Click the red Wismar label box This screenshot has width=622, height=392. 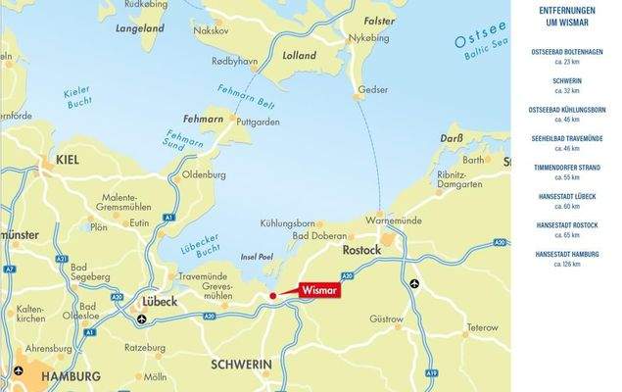coord(313,290)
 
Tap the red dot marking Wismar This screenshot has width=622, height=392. coord(271,295)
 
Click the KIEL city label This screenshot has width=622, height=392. coord(69,158)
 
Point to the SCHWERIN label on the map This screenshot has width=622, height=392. coord(241,364)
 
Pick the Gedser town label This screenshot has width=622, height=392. coord(373,89)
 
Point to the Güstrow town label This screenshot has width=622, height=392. coord(386,318)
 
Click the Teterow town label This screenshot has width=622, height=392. coord(482,327)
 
